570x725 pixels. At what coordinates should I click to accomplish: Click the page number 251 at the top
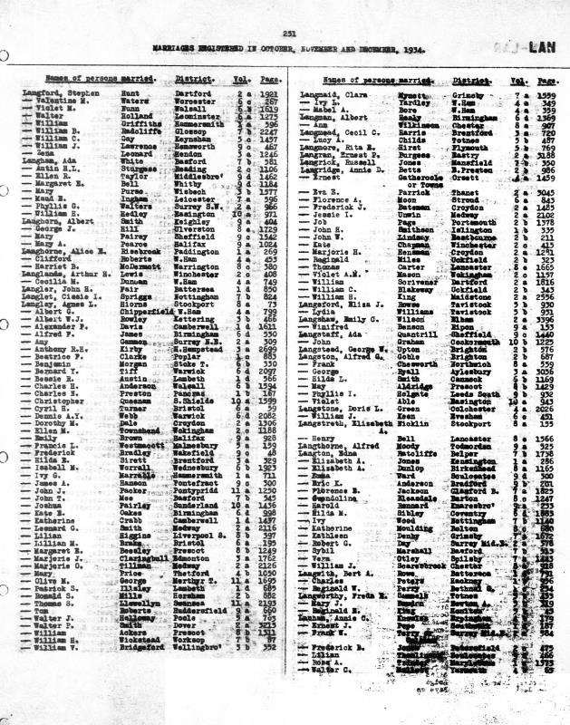click(x=289, y=34)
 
